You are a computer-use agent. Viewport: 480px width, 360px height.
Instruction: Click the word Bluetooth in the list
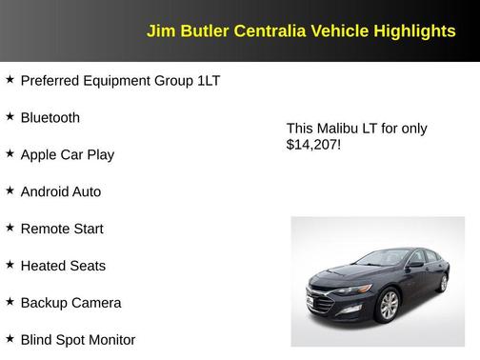click(50, 118)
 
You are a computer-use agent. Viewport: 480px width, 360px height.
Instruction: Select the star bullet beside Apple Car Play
click(10, 152)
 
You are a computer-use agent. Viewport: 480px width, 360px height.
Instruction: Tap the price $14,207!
click(313, 146)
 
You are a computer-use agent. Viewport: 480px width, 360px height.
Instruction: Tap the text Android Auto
click(60, 191)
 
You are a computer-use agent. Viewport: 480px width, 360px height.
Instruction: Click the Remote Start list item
click(62, 229)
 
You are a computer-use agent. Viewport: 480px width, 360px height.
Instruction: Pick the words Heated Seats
click(63, 266)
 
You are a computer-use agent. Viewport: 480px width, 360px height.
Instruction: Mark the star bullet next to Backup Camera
click(10, 301)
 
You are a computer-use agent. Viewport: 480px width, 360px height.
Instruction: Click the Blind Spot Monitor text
click(77, 340)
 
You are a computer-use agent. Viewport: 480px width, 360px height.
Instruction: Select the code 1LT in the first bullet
click(209, 81)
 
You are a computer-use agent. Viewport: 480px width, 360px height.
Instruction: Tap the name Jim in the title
click(159, 31)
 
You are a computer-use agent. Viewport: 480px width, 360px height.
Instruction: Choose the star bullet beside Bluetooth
click(10, 115)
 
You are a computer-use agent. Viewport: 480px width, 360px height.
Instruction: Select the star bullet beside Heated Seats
click(10, 264)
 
